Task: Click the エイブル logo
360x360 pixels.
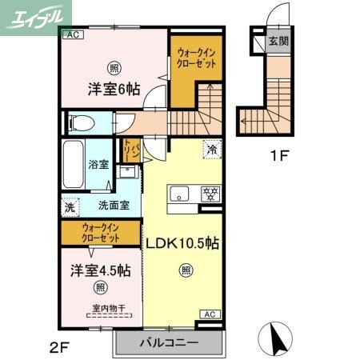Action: (x=35, y=16)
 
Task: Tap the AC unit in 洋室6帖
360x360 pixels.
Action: (x=71, y=35)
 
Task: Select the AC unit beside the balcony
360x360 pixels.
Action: (x=210, y=314)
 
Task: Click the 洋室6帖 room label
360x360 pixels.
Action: (x=113, y=90)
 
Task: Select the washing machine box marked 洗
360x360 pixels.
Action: (x=69, y=204)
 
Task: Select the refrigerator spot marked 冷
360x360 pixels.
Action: (x=212, y=149)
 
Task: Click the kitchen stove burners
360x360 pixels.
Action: (x=210, y=193)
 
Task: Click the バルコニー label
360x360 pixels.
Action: (x=167, y=343)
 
